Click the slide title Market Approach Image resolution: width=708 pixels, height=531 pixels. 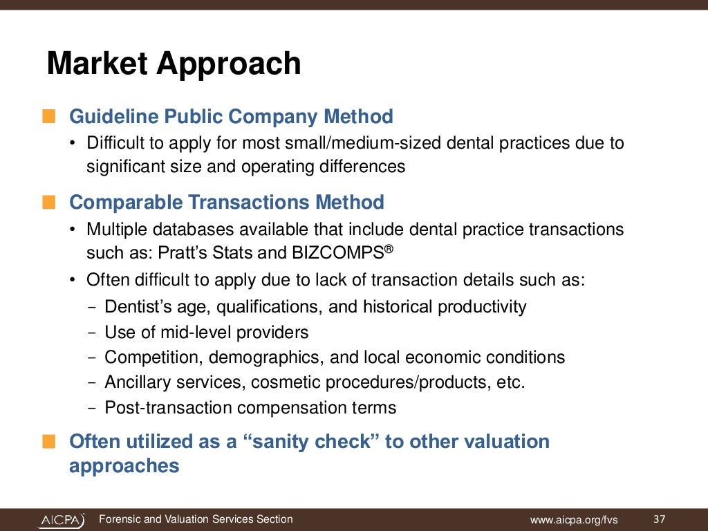(174, 64)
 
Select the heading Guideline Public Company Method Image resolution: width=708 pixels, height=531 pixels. (231, 116)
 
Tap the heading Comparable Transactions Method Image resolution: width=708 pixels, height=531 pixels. (227, 203)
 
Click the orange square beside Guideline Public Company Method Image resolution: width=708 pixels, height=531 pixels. (48, 116)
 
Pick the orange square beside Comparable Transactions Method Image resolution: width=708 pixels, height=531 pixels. (48, 203)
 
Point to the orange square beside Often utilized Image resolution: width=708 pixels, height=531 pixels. (48, 442)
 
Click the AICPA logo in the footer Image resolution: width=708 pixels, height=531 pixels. (61, 519)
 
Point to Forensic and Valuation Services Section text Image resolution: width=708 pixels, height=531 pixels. (196, 519)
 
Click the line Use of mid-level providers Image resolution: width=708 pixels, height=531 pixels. (206, 332)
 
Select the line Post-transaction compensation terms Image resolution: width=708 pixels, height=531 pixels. (250, 407)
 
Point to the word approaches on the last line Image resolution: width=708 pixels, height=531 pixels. (124, 465)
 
